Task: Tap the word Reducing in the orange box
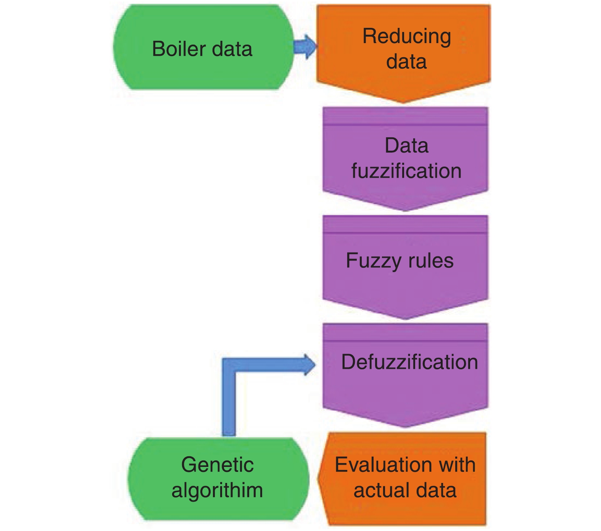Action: pos(406,37)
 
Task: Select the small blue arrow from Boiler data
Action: pos(305,47)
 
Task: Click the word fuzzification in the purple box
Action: pos(406,171)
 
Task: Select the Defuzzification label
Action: pos(409,362)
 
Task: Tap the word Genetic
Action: pos(217,465)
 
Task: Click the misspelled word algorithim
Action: pos(217,491)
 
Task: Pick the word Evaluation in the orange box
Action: pos(382,465)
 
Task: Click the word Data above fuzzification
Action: pos(406,146)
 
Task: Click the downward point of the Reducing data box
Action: pos(403,101)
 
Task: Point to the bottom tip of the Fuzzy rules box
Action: pos(405,318)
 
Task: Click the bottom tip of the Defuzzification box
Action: pos(405,426)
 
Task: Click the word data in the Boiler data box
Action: pos(232,49)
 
